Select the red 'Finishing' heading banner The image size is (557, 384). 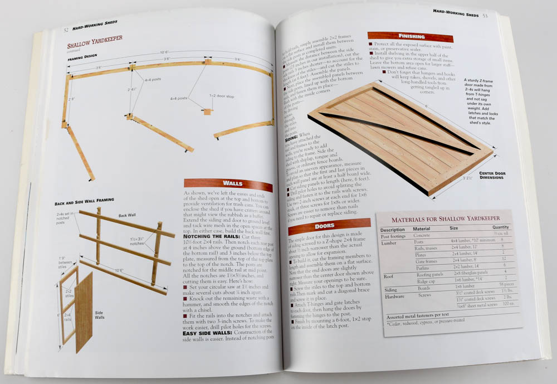[x=411, y=37]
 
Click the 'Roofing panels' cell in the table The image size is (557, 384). [x=428, y=273]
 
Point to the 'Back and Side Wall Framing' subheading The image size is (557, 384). [x=84, y=200]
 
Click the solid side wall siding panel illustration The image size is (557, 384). [x=84, y=312]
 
